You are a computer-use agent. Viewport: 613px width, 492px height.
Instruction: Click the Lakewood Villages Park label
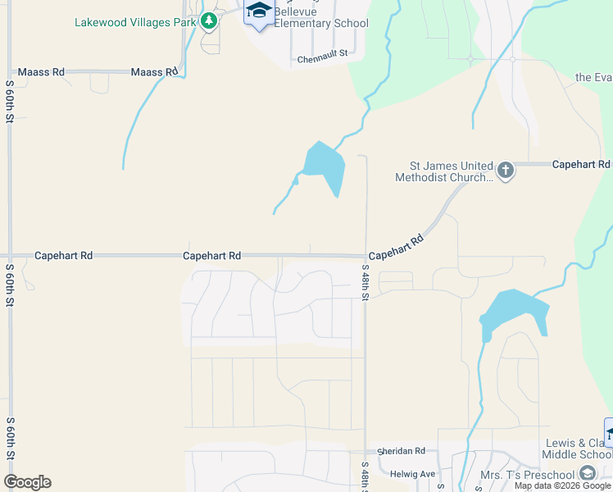(x=135, y=22)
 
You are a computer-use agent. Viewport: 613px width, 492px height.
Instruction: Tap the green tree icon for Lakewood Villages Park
(x=210, y=20)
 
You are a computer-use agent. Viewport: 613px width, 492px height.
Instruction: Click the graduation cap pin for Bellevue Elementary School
(x=259, y=13)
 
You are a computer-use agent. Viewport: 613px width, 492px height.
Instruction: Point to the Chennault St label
(x=323, y=59)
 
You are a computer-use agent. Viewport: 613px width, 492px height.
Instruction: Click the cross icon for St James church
(x=506, y=171)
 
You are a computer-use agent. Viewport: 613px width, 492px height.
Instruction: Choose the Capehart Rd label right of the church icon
(x=581, y=164)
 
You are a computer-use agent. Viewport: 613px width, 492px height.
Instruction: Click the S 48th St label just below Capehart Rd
(x=366, y=282)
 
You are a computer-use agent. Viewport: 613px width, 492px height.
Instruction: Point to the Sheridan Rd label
(x=402, y=451)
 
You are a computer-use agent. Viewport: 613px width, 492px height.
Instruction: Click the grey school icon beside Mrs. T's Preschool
(x=587, y=473)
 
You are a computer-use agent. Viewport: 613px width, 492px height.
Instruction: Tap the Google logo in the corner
(x=27, y=482)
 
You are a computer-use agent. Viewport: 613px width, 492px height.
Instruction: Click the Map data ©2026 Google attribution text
(x=562, y=485)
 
